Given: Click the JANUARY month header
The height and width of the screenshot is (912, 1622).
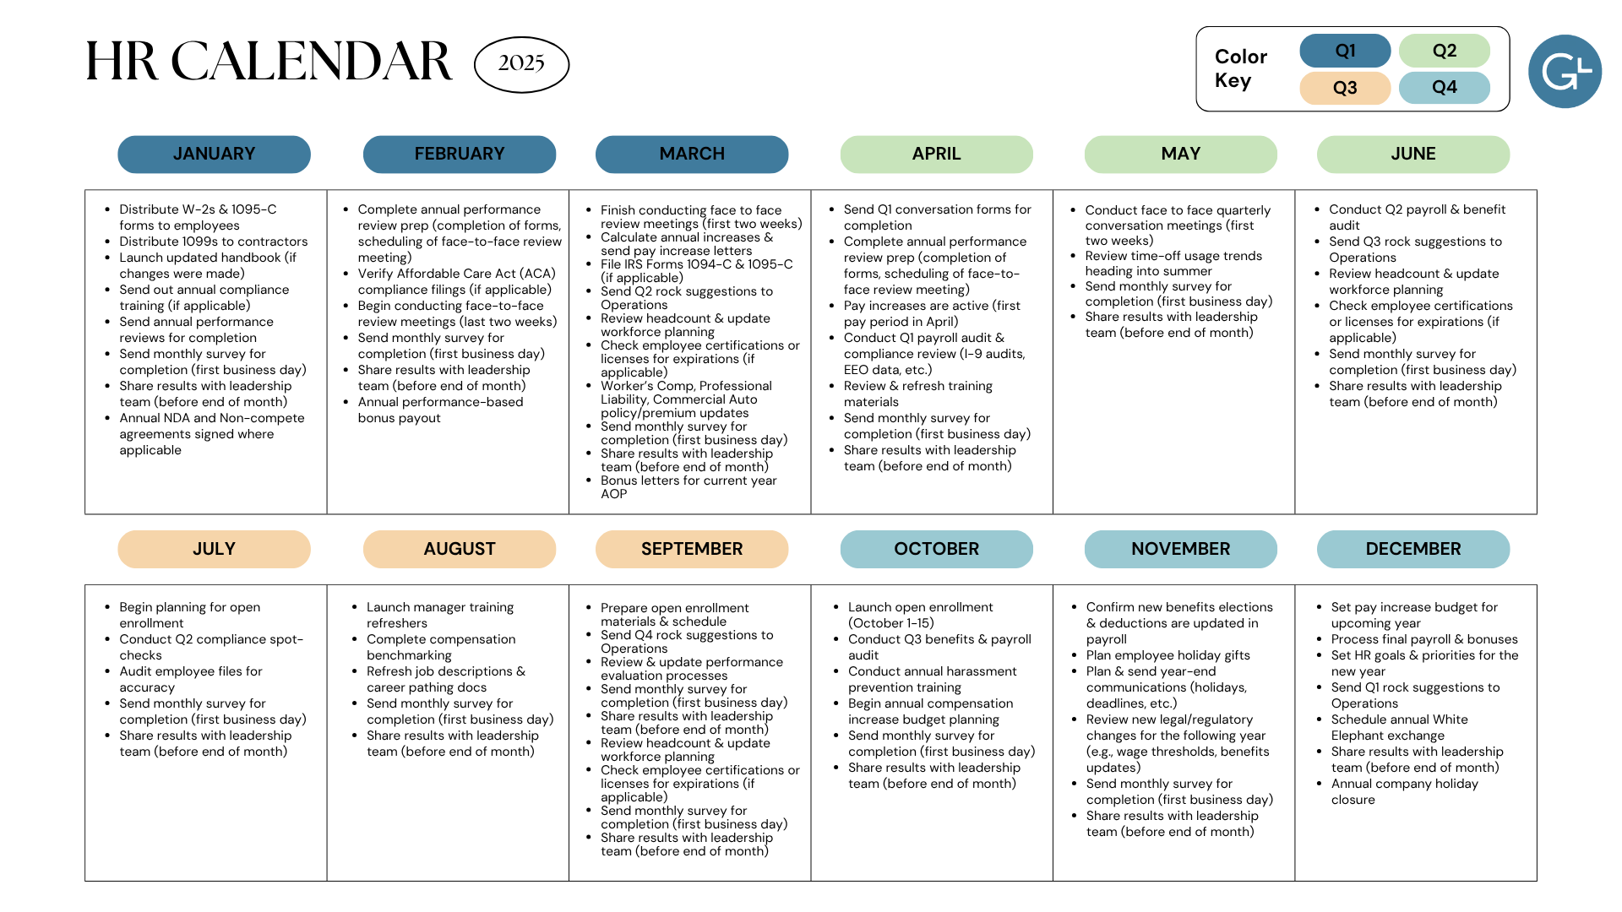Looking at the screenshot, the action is [214, 155].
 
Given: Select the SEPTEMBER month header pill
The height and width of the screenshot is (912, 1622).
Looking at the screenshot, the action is [692, 549].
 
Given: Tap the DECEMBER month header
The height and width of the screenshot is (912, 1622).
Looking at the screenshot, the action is [1413, 549].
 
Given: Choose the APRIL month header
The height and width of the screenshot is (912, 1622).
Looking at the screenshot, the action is [936, 155].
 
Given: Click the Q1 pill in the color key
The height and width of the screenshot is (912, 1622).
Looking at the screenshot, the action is [1345, 51].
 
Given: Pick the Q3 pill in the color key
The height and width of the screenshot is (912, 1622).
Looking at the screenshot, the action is [1345, 88].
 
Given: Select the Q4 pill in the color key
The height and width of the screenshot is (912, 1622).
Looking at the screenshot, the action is [1445, 88].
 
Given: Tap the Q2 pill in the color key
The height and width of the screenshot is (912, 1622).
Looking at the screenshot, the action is [1445, 51].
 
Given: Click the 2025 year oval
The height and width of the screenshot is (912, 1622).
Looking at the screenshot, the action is [521, 64].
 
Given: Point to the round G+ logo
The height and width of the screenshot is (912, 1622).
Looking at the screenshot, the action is [1565, 72].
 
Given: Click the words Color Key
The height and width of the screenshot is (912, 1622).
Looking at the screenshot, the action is [1240, 68].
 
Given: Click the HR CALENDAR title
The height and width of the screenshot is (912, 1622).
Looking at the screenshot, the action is [269, 62].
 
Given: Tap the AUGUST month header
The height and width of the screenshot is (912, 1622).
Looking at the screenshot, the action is [460, 549].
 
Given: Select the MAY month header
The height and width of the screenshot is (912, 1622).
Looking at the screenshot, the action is [1181, 155].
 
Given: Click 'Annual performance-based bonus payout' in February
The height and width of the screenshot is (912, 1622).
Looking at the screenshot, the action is [440, 410].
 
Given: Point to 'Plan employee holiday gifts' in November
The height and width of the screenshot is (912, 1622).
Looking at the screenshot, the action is [1168, 655].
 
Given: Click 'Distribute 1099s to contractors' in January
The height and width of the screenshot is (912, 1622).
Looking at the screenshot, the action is [214, 242].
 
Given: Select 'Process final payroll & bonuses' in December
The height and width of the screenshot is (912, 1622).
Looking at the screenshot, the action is [1424, 639].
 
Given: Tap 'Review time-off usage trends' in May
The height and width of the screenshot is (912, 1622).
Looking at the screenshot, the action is [1173, 256].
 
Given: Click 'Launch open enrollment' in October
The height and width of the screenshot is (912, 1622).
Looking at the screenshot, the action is [921, 607].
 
